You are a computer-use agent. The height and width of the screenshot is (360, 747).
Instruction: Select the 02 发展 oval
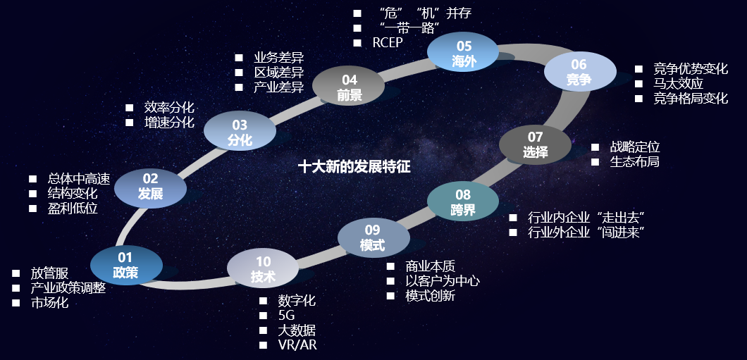coord(150,187)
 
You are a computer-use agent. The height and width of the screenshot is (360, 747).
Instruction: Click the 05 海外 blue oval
coord(464,54)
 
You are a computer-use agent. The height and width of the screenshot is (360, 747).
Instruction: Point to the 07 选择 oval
coord(536,144)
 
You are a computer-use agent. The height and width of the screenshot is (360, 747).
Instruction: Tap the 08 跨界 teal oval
coord(463,201)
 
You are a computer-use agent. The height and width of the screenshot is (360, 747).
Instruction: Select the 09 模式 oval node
coord(373,238)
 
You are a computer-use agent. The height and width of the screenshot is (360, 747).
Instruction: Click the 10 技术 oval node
coord(263,269)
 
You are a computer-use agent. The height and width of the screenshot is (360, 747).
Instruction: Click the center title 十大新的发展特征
coord(354,167)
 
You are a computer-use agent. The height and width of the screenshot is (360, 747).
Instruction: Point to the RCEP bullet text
coord(388,42)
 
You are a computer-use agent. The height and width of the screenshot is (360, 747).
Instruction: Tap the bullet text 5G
coord(286,316)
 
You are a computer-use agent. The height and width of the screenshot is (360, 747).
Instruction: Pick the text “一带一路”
coord(409,27)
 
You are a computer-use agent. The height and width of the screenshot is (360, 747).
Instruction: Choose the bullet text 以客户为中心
coord(443,281)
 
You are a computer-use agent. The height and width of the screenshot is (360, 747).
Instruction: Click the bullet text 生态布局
coord(635,162)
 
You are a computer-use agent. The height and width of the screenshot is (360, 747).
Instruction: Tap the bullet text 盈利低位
coord(73,209)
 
